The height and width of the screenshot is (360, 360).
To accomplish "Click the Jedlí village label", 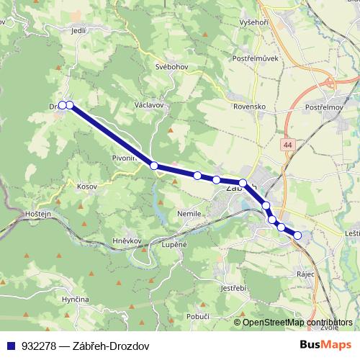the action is click(x=79, y=32).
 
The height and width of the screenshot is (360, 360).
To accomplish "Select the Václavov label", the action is click(x=149, y=104).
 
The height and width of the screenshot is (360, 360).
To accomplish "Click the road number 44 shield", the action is click(x=288, y=145).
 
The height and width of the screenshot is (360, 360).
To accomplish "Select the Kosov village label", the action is click(x=86, y=186).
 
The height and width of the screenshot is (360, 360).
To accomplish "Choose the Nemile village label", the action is click(x=189, y=214).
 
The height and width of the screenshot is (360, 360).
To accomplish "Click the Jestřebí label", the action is click(x=233, y=289).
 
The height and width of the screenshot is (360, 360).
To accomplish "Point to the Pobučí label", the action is click(x=197, y=316).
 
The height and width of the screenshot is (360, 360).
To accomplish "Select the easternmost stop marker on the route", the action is click(x=297, y=235).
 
